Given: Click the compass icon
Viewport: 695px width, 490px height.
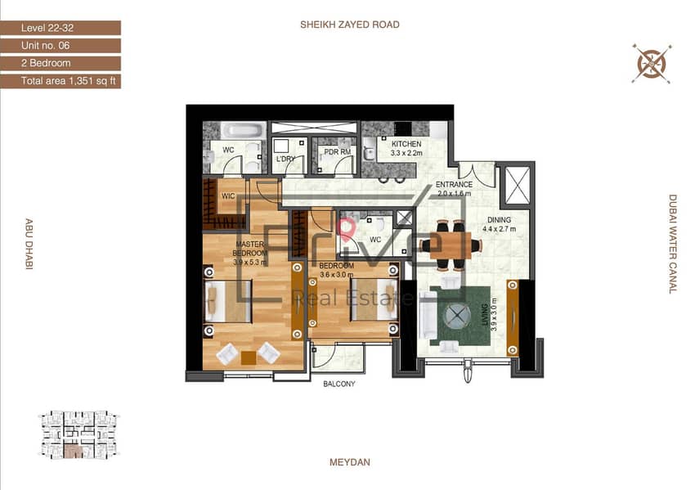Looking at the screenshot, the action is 652,64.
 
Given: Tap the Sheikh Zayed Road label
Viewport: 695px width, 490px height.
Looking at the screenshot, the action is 350,25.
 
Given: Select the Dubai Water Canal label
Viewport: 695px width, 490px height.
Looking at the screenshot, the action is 672,244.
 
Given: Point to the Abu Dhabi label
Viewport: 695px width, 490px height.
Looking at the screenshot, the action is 29,244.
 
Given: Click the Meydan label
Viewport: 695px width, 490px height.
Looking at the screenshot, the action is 350,462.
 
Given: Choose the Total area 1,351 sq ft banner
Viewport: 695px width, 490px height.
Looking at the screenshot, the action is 61,81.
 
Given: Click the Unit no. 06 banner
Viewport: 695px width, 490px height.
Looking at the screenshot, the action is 61,46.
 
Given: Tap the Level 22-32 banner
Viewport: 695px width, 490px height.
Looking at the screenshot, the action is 61,28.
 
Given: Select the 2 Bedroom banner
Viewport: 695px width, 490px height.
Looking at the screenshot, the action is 61,64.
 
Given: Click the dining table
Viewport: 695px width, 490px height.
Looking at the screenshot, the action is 451,245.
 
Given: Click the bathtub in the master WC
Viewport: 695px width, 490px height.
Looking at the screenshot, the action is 244,130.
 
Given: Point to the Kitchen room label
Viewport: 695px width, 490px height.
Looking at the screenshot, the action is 406,144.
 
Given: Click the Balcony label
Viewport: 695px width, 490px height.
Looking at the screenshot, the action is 339,384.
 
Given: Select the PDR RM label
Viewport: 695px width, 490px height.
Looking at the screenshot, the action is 338,152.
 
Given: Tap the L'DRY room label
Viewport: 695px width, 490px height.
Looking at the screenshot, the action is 285,159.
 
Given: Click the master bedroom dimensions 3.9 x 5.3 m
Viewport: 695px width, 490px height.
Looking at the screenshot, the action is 250,262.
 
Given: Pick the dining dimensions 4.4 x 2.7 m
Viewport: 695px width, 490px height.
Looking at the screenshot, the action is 499,229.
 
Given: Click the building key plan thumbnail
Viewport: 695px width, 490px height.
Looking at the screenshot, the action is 79,435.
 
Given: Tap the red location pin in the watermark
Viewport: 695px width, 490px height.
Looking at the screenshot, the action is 344,228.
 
